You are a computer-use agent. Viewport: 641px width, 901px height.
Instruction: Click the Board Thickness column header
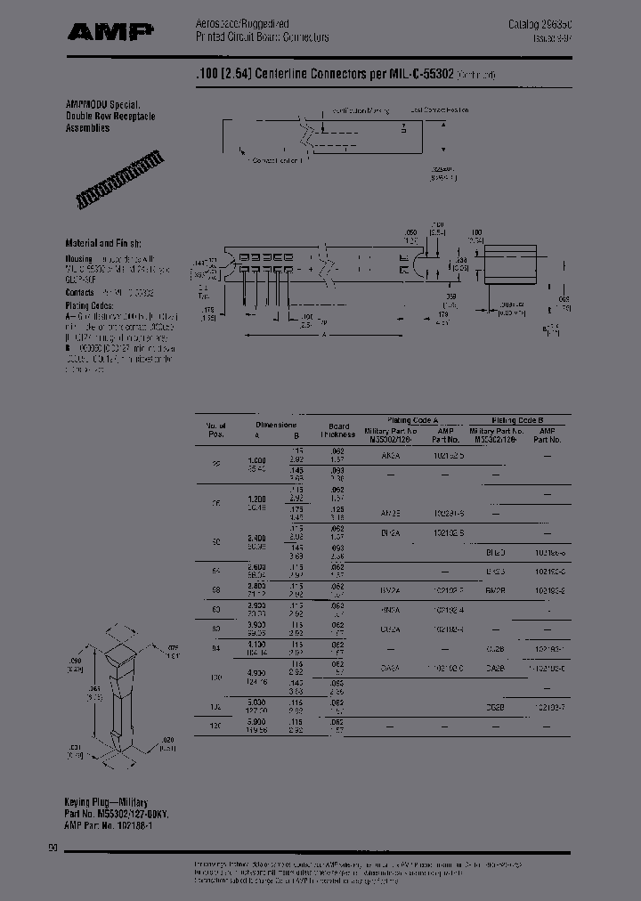[338, 430]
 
